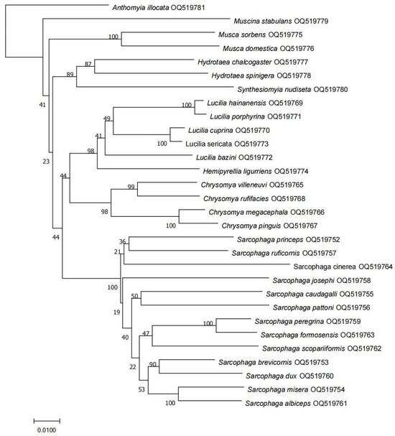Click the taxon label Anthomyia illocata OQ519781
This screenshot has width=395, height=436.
click(158, 8)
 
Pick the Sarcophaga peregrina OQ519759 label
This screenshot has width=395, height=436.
click(305, 321)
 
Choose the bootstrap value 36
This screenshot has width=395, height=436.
click(122, 241)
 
